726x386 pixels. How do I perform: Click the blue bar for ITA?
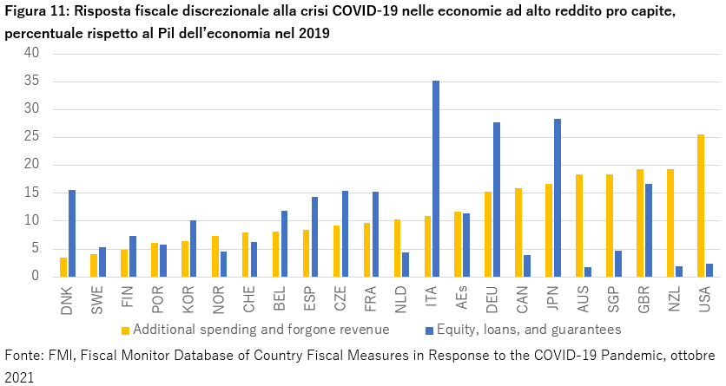click(x=436, y=179)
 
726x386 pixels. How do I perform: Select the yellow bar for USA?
click(x=701, y=206)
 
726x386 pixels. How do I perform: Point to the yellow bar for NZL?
click(x=670, y=223)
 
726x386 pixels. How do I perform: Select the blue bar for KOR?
click(x=194, y=248)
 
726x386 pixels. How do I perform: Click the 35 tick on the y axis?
click(x=32, y=81)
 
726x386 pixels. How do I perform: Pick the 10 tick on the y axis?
click(x=32, y=220)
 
